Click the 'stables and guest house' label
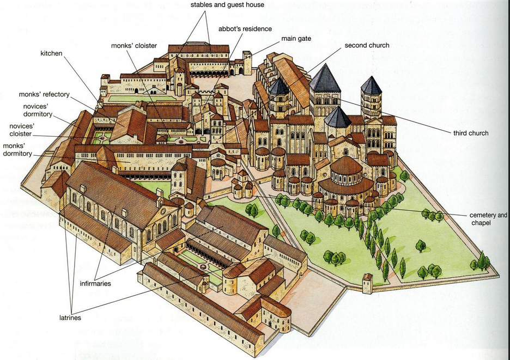click(x=227, y=5)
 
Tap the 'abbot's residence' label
click(x=245, y=29)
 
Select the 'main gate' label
click(x=296, y=39)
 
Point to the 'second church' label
click(x=367, y=46)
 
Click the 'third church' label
click(x=471, y=133)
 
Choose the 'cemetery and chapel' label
click(x=488, y=219)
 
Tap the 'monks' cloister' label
click(x=134, y=46)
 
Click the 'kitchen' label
click(x=51, y=53)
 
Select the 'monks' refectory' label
click(x=44, y=95)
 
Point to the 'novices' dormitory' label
click(x=38, y=110)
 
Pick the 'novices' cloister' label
click(x=22, y=130)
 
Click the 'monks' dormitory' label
click(x=17, y=150)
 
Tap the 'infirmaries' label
click(x=95, y=284)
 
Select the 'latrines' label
click(x=70, y=318)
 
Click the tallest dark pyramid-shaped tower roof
click(x=325, y=79)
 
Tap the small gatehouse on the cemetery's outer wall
click(x=367, y=284)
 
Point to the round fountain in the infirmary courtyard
click(x=204, y=267)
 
